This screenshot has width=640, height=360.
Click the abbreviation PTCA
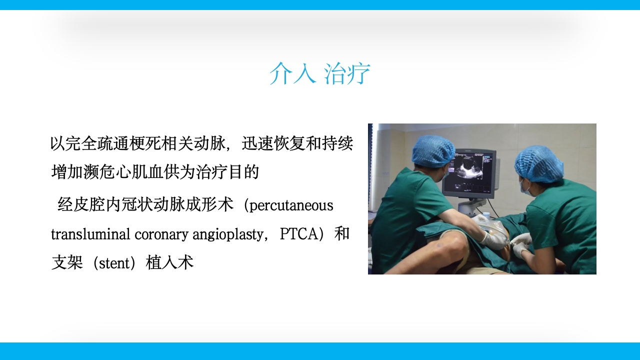click(298, 234)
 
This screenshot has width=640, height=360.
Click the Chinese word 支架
click(67, 263)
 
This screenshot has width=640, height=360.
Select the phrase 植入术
click(169, 263)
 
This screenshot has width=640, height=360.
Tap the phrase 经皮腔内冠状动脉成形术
click(145, 205)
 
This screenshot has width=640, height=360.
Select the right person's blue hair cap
click(539, 163)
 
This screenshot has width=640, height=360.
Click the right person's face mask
click(524, 187)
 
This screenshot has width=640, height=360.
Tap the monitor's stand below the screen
click(470, 205)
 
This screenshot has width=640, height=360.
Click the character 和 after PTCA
click(341, 234)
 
